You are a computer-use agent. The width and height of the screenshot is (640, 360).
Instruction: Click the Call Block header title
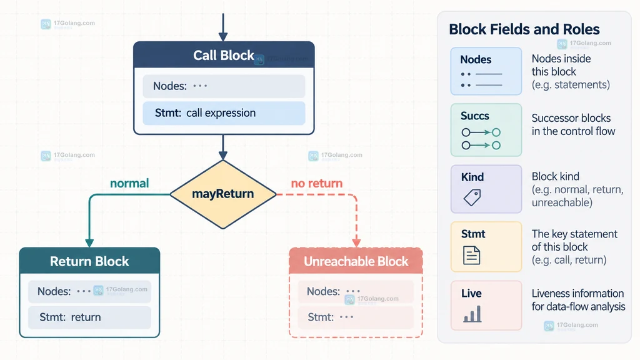(224, 55)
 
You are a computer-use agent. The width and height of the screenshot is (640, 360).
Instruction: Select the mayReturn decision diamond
(223, 194)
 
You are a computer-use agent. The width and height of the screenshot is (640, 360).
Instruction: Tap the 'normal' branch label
(129, 183)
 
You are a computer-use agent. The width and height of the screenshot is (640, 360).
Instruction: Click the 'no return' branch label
(317, 183)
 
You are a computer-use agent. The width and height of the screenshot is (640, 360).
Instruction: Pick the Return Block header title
(89, 261)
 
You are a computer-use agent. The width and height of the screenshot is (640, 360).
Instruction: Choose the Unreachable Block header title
(356, 261)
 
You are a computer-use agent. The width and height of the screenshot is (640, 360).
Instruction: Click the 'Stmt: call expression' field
(224, 113)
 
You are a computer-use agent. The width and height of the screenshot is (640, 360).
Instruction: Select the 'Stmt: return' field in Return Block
(89, 317)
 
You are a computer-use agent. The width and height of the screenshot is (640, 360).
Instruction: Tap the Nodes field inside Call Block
(224, 86)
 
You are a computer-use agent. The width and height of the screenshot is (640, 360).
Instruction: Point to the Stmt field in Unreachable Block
(356, 317)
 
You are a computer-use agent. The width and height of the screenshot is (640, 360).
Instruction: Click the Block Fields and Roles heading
(524, 29)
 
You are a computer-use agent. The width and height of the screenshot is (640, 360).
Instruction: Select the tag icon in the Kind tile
(472, 197)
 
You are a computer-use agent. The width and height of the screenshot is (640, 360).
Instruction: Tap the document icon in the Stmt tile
(471, 256)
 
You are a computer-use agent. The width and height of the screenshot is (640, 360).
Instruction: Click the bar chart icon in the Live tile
(472, 314)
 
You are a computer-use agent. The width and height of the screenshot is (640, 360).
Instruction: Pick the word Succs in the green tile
(475, 116)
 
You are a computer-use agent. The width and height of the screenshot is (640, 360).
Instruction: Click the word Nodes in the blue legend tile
(476, 59)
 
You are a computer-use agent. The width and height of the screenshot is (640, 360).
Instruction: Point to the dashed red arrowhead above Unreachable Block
(356, 243)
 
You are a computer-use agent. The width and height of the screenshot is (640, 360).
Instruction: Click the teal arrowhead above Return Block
(89, 243)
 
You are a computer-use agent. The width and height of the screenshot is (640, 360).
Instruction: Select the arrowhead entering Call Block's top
(223, 37)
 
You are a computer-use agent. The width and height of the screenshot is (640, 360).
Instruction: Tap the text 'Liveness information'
(577, 294)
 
